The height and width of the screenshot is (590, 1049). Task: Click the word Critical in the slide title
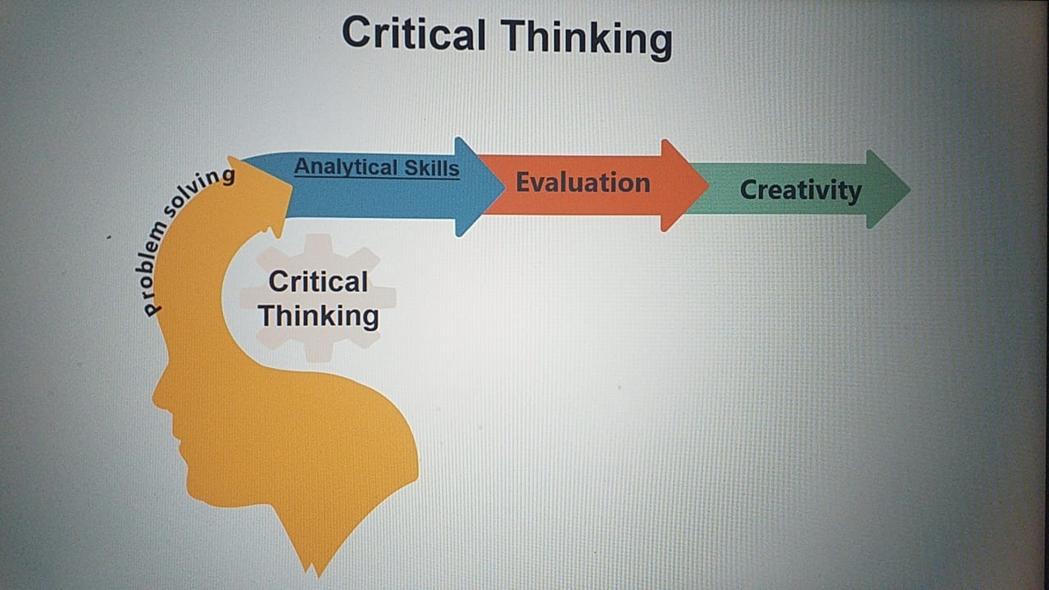click(414, 34)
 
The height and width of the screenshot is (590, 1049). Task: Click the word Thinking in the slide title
click(587, 39)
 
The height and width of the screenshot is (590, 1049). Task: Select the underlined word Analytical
click(346, 166)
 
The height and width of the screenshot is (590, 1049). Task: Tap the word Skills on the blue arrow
click(432, 168)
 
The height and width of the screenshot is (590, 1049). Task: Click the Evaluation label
click(583, 182)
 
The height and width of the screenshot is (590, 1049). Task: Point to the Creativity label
click(801, 191)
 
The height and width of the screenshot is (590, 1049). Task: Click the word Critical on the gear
click(319, 282)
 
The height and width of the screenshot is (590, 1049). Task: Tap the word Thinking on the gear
click(319, 315)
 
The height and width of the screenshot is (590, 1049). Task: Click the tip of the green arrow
click(910, 189)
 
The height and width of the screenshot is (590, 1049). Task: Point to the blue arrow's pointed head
click(504, 187)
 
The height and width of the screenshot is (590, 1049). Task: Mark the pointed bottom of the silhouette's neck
click(320, 576)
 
